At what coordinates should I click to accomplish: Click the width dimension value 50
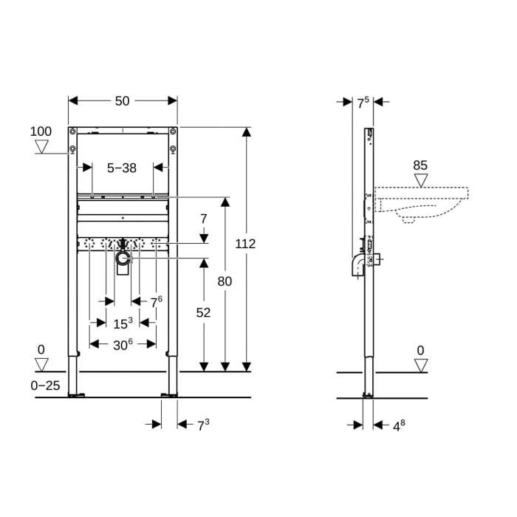123,100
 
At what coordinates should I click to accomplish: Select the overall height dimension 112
246,244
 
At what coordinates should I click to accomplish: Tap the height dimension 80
225,281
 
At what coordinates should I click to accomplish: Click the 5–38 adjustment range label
123,168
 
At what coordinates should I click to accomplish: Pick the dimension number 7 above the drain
205,219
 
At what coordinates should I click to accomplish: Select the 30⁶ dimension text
122,343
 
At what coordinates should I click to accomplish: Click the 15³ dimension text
123,323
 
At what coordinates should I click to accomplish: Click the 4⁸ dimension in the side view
397,425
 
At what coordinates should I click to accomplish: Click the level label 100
41,131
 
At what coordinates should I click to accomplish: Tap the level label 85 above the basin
420,165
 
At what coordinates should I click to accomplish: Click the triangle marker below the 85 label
420,181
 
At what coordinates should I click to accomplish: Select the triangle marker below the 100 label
41,146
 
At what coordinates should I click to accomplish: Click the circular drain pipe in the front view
123,257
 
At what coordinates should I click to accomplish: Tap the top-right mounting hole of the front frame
173,151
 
